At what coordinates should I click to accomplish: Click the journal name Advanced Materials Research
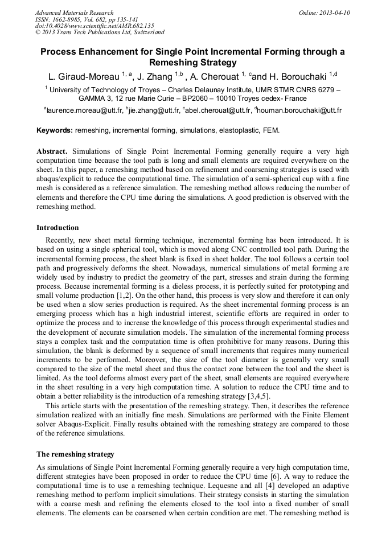pos(74,13)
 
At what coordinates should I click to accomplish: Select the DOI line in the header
pos(95,26)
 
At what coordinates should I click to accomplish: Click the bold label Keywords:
pos(55,130)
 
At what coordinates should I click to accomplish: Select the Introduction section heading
pos(58,228)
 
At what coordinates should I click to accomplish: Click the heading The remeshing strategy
pos(75,454)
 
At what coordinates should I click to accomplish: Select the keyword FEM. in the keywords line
pos(270,130)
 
